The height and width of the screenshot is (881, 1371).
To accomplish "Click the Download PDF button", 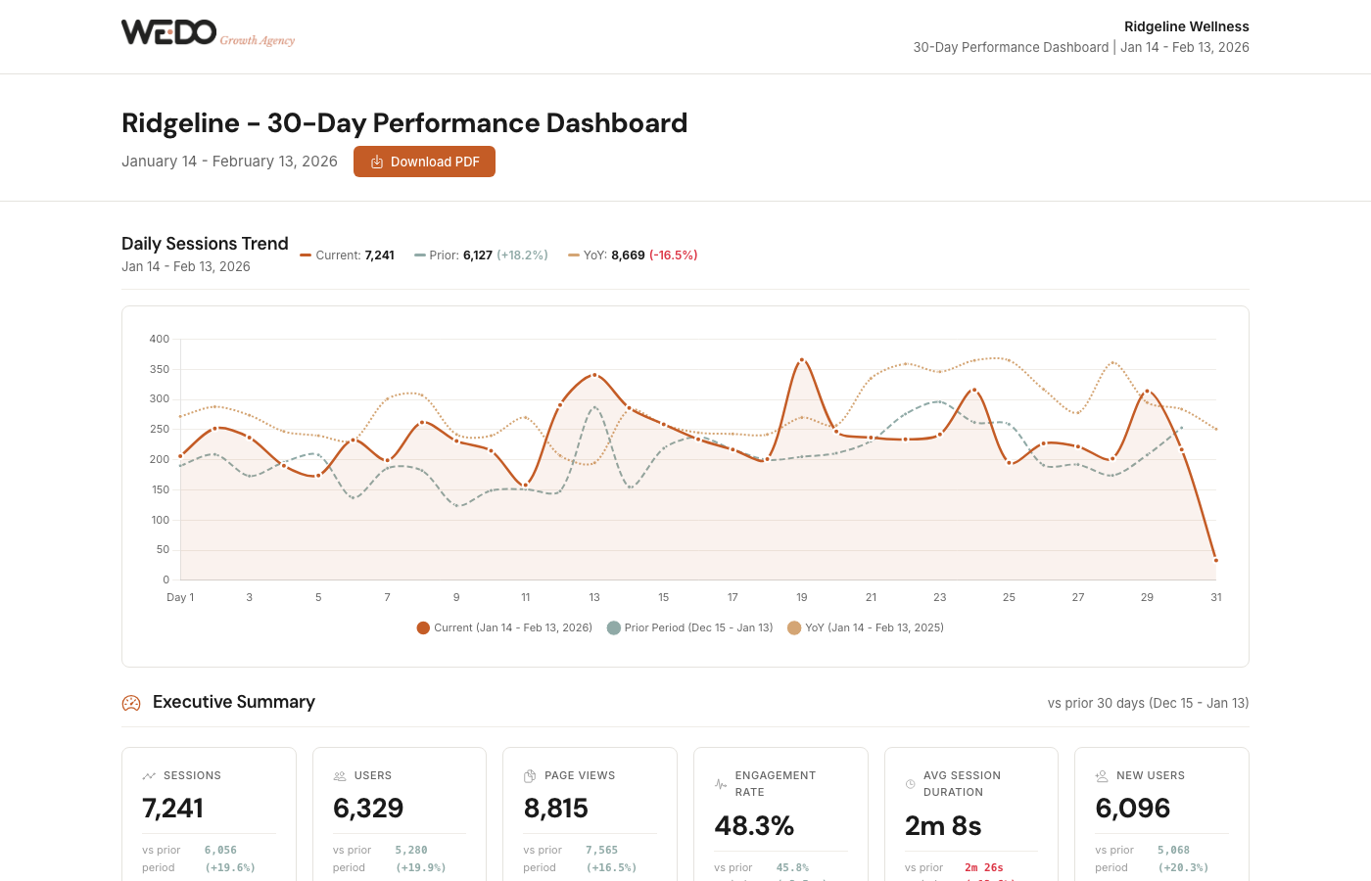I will click(x=424, y=162).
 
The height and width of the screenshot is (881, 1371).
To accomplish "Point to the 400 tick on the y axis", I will click(x=159, y=339).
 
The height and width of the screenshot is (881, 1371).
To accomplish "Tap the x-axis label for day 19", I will click(x=801, y=597).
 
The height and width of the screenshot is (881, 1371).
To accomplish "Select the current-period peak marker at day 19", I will click(x=801, y=360).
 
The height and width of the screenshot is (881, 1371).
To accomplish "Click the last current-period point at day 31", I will click(x=1215, y=561).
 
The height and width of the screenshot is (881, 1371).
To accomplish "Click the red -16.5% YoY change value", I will click(x=673, y=255).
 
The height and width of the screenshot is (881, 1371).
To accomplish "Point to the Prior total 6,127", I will click(x=478, y=255).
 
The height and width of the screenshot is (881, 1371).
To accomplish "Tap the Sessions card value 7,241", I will click(x=173, y=809).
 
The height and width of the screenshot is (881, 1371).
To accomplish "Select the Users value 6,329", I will click(x=368, y=809).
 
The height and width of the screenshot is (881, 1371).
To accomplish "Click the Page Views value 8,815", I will click(x=556, y=809).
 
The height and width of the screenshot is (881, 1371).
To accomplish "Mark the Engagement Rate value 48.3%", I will click(x=754, y=826).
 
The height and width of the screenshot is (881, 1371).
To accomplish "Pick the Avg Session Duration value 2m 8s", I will click(x=943, y=826).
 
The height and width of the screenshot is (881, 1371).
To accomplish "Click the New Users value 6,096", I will click(x=1133, y=809).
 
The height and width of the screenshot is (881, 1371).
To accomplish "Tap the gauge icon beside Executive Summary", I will click(x=131, y=703).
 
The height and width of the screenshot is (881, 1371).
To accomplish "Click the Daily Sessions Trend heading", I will click(x=205, y=244).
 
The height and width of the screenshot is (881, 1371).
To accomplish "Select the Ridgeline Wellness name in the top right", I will click(x=1186, y=26).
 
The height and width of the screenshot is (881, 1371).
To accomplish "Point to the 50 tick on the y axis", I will click(x=163, y=550).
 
